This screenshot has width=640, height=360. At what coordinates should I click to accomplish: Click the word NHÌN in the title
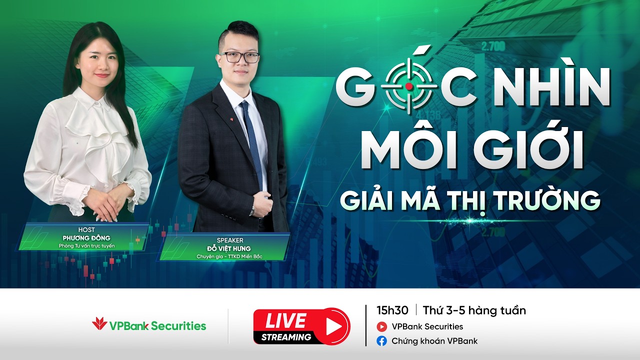click(x=549, y=87)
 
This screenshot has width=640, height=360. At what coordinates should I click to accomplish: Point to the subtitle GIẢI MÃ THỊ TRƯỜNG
click(x=470, y=199)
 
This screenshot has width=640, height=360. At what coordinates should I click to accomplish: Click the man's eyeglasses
click(x=239, y=57)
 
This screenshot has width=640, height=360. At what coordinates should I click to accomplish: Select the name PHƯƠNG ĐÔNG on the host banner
click(x=86, y=238)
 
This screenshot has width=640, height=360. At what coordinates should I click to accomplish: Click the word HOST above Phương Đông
click(x=86, y=229)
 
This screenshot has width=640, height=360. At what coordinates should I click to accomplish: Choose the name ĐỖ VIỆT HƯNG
click(x=229, y=248)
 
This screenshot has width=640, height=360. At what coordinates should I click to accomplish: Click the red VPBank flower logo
click(x=99, y=324)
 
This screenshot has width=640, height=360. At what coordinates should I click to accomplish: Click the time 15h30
click(x=392, y=310)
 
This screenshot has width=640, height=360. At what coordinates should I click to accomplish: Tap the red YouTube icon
click(x=382, y=327)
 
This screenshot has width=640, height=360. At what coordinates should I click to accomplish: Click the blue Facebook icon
click(x=382, y=341)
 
